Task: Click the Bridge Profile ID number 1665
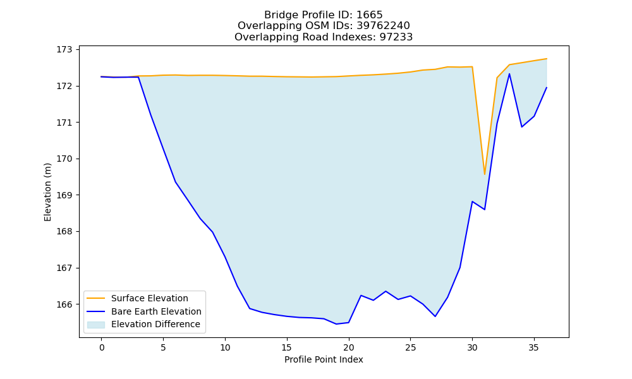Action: [x=370, y=15]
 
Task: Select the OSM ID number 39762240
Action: [x=383, y=26]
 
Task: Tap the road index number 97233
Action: [x=396, y=37]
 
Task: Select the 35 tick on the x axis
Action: [x=533, y=347]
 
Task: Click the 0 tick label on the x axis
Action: [x=102, y=347]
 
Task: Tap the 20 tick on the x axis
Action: [x=349, y=347]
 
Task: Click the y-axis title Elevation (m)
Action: [x=47, y=192]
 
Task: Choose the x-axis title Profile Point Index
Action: [x=324, y=359]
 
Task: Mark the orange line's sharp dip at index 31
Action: [x=485, y=174]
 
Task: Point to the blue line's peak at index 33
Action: [x=509, y=74]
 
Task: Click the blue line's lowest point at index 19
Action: [x=336, y=324]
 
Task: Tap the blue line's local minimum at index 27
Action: [x=435, y=316]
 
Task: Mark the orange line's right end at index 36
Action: [x=546, y=59]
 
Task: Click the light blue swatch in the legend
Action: [x=96, y=325]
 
